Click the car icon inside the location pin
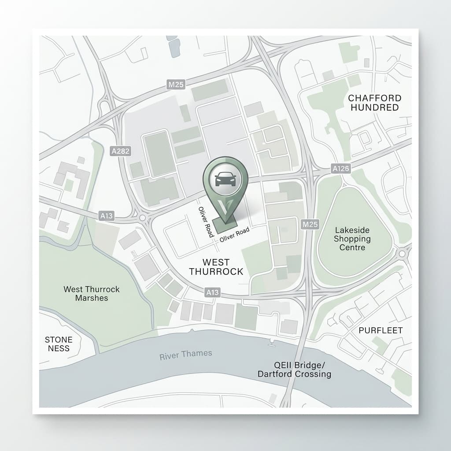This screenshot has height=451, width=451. click(225, 179)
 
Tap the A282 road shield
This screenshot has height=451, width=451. click(120, 152)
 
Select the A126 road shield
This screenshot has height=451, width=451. click(341, 168)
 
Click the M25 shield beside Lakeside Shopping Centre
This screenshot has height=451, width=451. click(311, 225)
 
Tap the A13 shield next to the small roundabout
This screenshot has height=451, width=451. click(107, 215)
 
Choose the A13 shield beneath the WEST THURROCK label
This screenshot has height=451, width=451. click(212, 292)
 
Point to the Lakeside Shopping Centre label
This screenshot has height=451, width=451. click(352, 239)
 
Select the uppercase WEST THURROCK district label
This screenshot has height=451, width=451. click(216, 267)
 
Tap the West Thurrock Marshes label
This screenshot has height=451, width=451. click(92, 293)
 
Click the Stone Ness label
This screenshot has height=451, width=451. click(59, 344)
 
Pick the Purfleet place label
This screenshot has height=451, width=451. click(381, 330)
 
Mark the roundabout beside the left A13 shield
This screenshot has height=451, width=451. click(142, 217)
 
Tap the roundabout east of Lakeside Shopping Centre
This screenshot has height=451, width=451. click(402, 253)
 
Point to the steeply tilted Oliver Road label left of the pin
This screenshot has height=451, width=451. click(206, 222)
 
